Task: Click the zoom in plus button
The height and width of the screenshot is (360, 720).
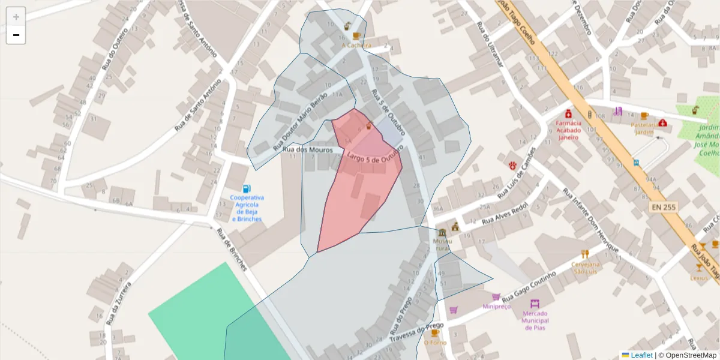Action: [x=16, y=17]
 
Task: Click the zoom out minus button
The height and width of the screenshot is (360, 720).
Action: [x=16, y=35]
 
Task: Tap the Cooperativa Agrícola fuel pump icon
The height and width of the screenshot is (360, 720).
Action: [x=247, y=188]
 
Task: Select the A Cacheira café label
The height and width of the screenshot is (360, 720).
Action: [x=356, y=45]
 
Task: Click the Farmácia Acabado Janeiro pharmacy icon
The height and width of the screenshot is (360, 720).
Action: [x=568, y=114]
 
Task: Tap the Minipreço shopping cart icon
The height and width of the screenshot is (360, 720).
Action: [x=496, y=296]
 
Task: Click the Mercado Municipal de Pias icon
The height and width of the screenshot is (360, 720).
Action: [x=535, y=304]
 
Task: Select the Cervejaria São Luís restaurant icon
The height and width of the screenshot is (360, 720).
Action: [x=585, y=254]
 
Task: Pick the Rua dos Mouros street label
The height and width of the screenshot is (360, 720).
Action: [x=307, y=149]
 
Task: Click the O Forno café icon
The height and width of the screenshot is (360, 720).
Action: [x=435, y=333]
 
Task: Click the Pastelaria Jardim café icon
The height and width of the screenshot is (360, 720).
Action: [x=644, y=116]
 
